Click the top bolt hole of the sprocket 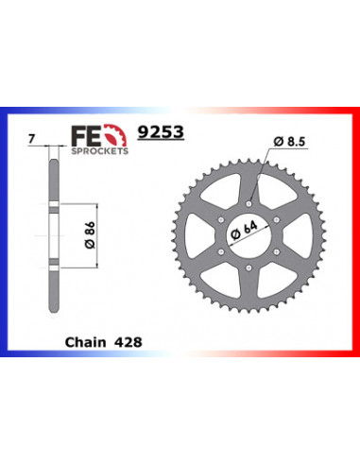pyautogui.click(x=250, y=199)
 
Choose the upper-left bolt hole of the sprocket pyautogui.click(x=225, y=215)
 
